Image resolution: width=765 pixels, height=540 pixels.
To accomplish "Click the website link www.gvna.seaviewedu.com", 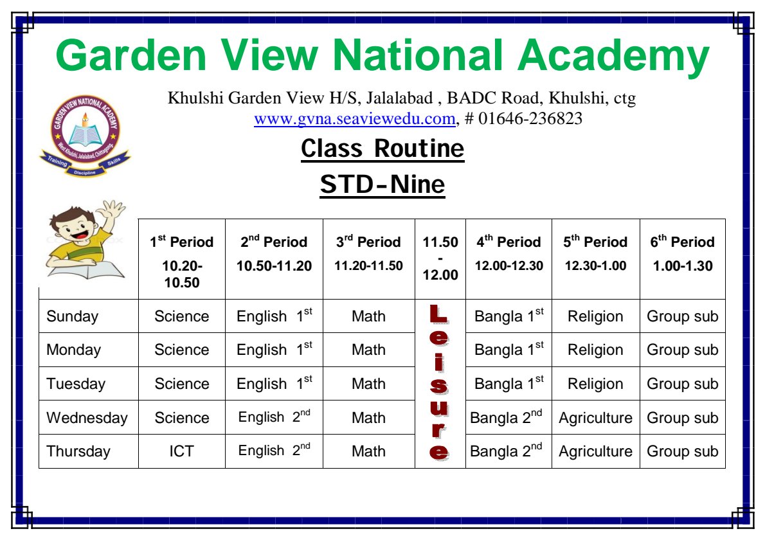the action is point(355,118).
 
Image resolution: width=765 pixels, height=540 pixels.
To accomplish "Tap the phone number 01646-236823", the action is point(530,118).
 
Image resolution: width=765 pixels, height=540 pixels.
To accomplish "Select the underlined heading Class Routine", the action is point(382,148).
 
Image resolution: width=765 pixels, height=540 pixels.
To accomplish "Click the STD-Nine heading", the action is point(382,184).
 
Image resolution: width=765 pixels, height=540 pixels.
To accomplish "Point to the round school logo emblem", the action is point(85,130).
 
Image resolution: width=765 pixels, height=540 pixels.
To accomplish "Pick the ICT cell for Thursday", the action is point(181,451).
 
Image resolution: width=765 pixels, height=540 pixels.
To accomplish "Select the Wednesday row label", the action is point(87,418).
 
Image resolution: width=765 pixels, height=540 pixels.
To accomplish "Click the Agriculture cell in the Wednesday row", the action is point(595,418).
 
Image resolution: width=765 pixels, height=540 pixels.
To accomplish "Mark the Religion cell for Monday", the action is point(595,350).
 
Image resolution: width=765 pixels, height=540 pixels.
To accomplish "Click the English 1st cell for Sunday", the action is point(274,316).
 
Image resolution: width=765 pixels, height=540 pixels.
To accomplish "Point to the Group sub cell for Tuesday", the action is point(683,384).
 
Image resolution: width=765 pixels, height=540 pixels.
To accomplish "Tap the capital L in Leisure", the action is point(438,314).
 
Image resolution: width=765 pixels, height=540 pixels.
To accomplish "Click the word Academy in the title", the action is point(613,56).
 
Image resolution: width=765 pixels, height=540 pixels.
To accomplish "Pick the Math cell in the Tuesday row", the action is point(368,384).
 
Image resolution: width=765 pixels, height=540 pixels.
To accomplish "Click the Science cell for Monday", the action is point(181,350).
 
